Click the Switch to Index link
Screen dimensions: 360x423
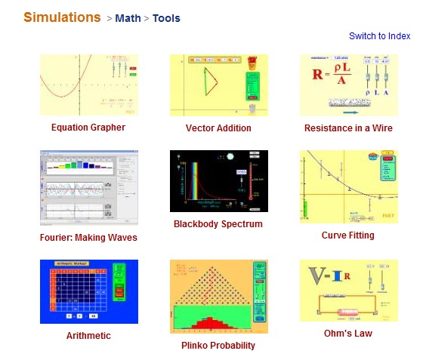pos(379,36)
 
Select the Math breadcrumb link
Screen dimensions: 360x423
pos(128,18)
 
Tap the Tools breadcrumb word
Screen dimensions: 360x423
pos(166,18)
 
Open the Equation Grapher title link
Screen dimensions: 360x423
pos(88,128)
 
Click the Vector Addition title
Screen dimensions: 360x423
pos(218,128)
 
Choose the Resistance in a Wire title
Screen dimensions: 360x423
pos(348,128)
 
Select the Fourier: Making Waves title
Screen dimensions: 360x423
pos(88,238)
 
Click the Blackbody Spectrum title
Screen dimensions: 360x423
pos(218,224)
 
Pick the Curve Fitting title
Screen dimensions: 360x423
pos(347,235)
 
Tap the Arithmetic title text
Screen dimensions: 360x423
pos(88,336)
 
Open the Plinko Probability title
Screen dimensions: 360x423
pos(218,346)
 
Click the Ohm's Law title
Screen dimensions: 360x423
pos(347,334)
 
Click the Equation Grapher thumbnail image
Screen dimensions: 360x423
pos(88,85)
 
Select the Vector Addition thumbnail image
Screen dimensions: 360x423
pos(218,85)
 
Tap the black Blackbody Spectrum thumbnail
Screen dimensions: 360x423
pos(218,181)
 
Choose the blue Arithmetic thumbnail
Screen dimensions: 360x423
pos(88,291)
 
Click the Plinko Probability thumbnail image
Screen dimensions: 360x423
pos(218,296)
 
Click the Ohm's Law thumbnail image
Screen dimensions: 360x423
pos(348,291)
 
